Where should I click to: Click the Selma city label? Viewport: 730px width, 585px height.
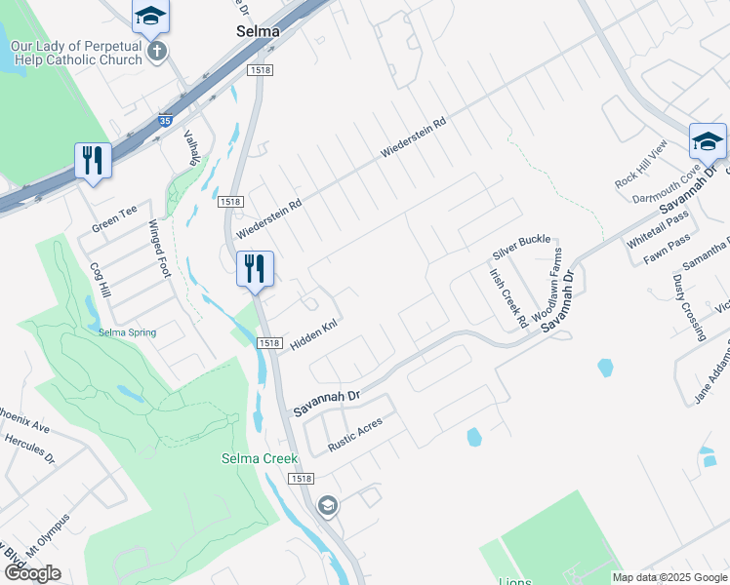pyautogui.click(x=258, y=31)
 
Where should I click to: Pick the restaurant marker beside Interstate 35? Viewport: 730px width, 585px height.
pyautogui.click(x=93, y=160)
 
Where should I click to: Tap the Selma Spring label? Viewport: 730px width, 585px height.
pyautogui.click(x=127, y=332)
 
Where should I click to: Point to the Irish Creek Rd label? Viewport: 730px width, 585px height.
pyautogui.click(x=507, y=297)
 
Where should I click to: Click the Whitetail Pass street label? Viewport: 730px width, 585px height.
pyautogui.click(x=658, y=233)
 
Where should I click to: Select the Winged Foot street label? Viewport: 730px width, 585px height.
pyautogui.click(x=159, y=249)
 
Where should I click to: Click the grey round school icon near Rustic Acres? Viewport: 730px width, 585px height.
pyautogui.click(x=328, y=505)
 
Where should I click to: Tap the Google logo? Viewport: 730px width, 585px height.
pyautogui.click(x=32, y=573)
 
